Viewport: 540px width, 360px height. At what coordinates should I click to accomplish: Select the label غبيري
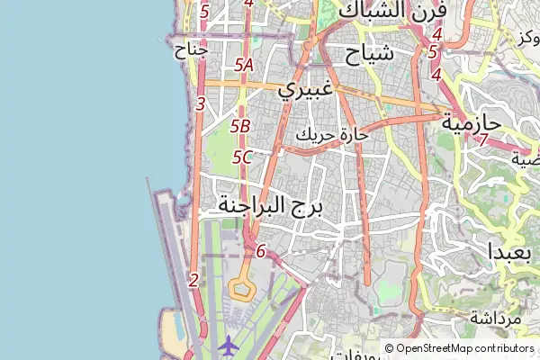coord(306,89)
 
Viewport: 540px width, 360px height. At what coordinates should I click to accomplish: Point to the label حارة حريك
coord(333,136)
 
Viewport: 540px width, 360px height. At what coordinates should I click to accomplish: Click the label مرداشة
coord(495,319)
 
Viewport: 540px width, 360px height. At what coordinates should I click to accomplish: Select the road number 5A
coord(243,65)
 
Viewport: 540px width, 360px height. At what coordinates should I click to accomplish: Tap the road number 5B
coord(240,127)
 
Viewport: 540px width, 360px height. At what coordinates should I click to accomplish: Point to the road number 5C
coord(241,157)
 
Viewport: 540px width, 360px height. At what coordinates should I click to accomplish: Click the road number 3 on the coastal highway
coord(200,104)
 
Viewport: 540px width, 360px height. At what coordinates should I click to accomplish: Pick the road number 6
coord(261,251)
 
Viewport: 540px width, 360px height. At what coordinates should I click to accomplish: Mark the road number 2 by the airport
coord(193,280)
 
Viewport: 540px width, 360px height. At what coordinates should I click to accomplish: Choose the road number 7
coord(483,140)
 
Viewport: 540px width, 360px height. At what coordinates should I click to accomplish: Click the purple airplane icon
coord(229,344)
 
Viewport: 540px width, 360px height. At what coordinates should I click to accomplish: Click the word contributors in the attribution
coord(507,348)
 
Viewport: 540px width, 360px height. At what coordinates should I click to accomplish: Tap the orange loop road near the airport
coord(240,289)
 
